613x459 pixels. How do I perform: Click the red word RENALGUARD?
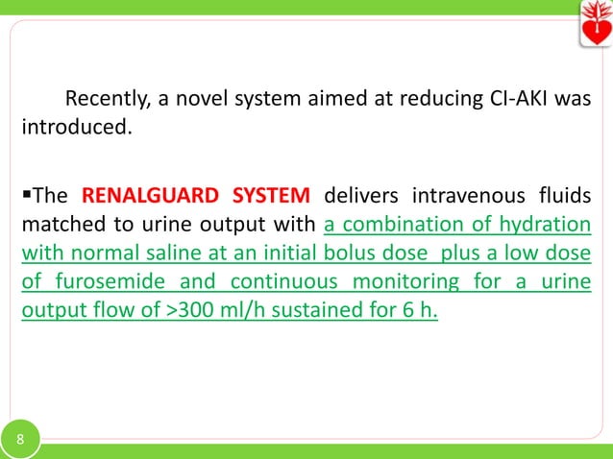point(149,197)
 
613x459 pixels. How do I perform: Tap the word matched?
point(61,226)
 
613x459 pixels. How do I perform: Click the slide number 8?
point(20,441)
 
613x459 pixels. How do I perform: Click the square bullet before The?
point(28,197)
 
